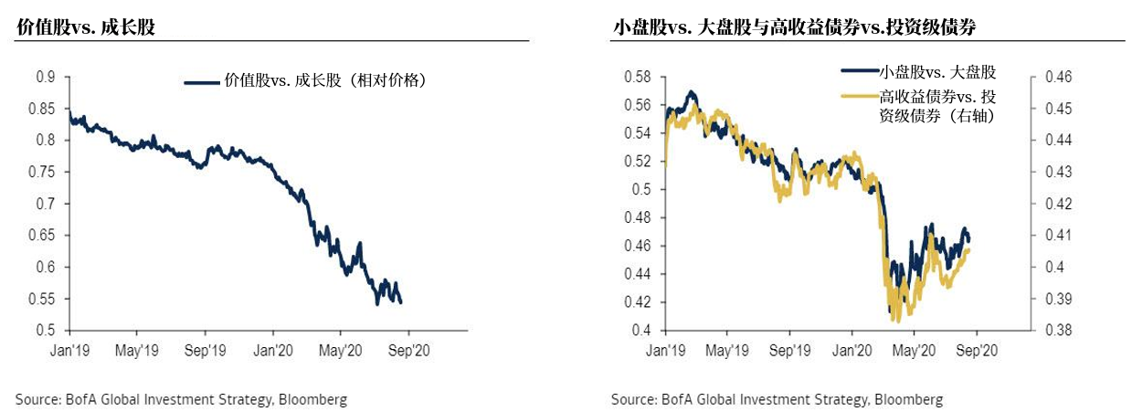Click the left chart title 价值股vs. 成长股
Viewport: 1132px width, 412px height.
86,28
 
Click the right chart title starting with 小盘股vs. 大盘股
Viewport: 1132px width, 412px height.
794,28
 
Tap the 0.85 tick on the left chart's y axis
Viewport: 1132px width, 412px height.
46,109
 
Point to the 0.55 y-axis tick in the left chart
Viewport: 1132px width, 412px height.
46,299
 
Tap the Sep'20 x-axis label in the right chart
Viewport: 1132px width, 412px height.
974,349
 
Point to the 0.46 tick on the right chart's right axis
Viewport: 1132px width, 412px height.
1050,77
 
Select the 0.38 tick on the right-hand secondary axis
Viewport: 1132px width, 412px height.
1050,330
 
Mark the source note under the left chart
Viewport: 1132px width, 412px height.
181,399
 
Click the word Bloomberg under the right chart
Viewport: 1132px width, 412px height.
908,399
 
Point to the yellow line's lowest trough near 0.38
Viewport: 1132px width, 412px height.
897,321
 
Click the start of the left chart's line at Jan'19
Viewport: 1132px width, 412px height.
69,112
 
